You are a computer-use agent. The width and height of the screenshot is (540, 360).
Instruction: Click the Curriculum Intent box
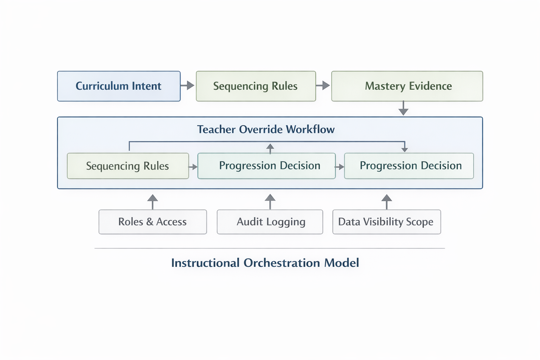(x=119, y=86)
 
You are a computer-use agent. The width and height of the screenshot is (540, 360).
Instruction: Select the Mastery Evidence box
(x=407, y=86)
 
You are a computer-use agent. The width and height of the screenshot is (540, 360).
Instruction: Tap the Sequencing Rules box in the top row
(x=256, y=86)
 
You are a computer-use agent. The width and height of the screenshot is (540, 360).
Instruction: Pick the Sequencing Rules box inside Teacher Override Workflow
(x=128, y=166)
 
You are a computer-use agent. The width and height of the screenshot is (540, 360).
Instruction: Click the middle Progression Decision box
(x=266, y=166)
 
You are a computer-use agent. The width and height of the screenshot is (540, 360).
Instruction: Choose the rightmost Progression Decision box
(x=409, y=166)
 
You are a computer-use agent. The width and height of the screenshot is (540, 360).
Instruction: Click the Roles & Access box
(x=153, y=222)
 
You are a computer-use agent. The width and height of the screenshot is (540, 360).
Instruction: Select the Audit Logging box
(x=270, y=222)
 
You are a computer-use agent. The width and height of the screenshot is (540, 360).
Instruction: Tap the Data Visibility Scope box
(x=386, y=222)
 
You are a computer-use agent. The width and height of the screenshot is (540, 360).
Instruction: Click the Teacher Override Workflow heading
(x=266, y=129)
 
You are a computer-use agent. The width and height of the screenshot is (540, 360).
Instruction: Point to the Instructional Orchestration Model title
(x=265, y=263)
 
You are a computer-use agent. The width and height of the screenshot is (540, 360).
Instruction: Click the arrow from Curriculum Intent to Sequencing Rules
(x=188, y=85)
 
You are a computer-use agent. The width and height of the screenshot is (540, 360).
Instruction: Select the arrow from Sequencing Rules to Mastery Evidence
(x=323, y=85)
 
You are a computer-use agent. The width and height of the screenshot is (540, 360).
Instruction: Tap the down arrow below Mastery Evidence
(x=403, y=108)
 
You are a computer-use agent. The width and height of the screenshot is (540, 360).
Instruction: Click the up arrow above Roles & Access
(x=153, y=201)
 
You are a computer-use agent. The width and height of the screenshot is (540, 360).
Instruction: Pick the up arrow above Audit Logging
(x=270, y=201)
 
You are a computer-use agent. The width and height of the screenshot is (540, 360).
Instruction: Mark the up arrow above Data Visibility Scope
(x=387, y=201)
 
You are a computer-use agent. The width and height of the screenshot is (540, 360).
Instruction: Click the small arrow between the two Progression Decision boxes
(x=340, y=167)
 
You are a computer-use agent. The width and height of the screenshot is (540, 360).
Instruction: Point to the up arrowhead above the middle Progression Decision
(x=270, y=148)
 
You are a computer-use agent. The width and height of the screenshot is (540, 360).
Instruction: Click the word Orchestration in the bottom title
(x=282, y=263)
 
